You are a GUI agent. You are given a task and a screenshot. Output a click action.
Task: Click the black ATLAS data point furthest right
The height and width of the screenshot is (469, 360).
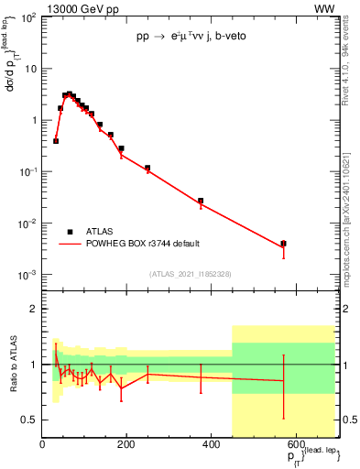(x=284, y=244)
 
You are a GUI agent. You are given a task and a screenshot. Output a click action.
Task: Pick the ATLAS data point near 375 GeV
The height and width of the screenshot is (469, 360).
(x=201, y=201)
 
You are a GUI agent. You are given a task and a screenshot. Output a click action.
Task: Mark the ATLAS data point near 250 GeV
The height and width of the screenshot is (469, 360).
(x=147, y=169)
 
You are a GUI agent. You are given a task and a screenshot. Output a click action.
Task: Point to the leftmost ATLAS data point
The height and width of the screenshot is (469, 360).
(x=56, y=141)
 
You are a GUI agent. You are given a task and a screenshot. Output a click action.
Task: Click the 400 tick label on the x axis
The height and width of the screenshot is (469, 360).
(x=211, y=444)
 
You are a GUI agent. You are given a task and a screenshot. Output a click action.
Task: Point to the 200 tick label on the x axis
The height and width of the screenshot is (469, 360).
(x=126, y=444)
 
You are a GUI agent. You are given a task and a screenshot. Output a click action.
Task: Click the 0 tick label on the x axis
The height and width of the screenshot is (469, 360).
(x=42, y=444)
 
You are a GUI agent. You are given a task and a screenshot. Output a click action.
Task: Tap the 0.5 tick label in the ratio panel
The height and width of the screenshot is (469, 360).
(x=29, y=420)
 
